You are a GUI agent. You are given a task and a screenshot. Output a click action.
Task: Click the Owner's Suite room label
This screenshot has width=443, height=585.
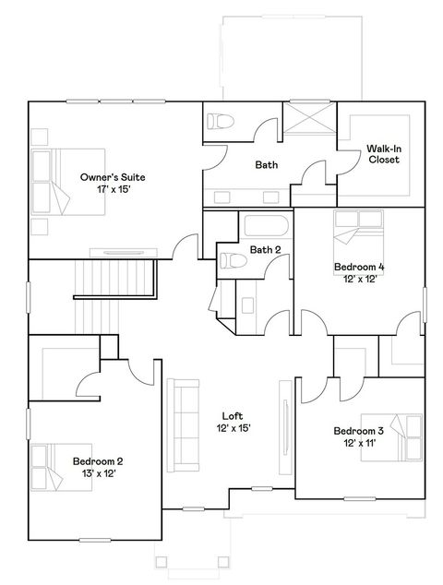point(113,176)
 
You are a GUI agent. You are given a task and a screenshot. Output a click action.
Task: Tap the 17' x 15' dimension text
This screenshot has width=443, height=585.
point(113,188)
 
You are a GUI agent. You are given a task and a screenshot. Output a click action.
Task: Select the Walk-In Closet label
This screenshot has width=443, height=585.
point(383,153)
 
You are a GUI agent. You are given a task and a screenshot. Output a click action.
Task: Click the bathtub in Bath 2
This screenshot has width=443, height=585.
point(266,225)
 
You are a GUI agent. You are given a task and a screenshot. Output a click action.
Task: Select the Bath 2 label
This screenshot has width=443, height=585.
point(265,249)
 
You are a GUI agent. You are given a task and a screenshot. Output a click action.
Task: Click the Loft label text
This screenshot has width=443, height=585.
point(233,415)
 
